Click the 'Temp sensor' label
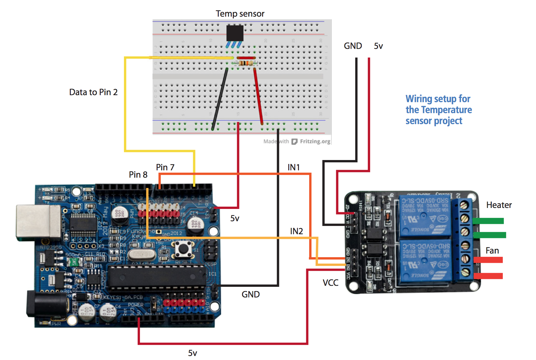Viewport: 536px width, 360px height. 240,14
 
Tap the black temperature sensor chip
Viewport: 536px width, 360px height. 235,33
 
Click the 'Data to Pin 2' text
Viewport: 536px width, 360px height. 93,92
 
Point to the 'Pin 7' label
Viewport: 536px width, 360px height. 165,167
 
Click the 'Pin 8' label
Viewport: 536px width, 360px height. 138,175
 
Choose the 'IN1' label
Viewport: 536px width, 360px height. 294,167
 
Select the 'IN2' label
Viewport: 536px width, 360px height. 296,231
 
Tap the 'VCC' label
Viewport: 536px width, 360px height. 331,283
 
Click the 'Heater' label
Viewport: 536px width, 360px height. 499,205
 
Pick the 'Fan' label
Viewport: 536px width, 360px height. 492,251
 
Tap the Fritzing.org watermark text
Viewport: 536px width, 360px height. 315,141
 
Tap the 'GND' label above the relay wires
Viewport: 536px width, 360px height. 353,46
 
